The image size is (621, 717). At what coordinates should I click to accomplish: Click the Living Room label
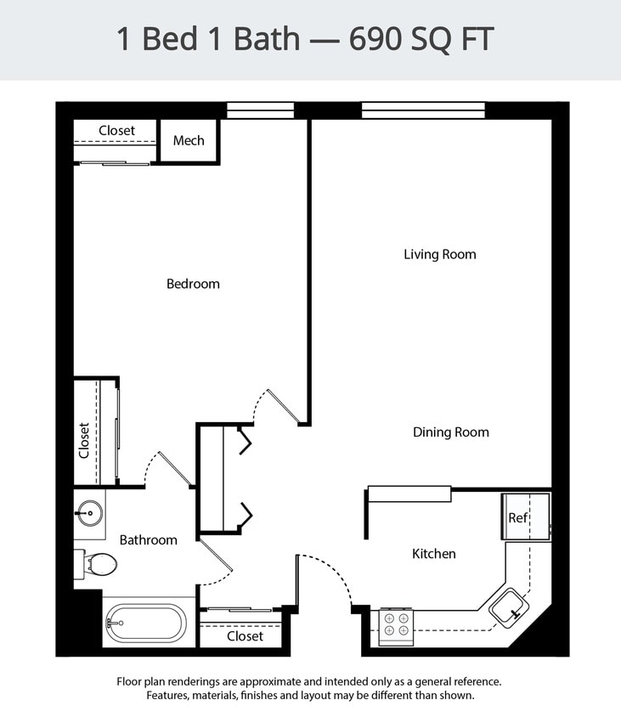[x=439, y=254]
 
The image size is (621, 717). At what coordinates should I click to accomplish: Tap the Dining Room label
[x=450, y=432]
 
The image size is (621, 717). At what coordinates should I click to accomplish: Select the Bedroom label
[x=193, y=284]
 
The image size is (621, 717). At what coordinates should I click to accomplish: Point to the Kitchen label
[x=433, y=553]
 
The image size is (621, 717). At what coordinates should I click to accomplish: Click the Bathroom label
[x=148, y=539]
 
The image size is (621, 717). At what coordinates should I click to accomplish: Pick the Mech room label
[x=189, y=140]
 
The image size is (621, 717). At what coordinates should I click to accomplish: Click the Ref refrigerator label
[x=517, y=517]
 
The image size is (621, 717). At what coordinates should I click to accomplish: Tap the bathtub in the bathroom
[x=145, y=624]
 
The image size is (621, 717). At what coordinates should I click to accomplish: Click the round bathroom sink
[x=88, y=513]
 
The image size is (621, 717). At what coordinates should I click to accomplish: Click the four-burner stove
[x=396, y=624]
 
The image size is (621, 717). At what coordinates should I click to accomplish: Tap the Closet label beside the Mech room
[x=116, y=131]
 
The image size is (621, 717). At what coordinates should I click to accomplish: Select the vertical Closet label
[x=84, y=440]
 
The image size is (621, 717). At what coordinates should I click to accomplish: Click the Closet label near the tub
[x=245, y=635]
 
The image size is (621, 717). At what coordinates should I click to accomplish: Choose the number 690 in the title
[x=375, y=40]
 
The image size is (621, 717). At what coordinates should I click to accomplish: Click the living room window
[x=422, y=110]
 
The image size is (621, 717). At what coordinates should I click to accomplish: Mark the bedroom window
[x=260, y=110]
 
